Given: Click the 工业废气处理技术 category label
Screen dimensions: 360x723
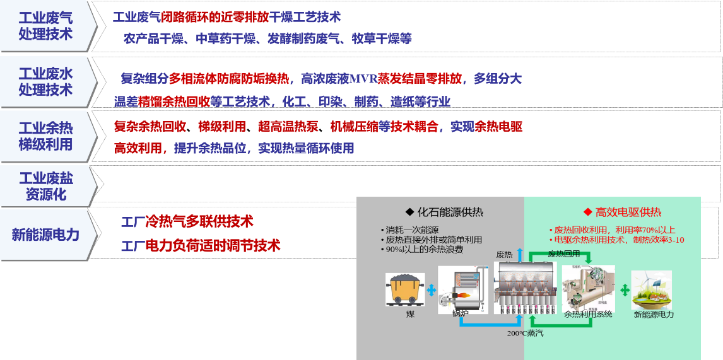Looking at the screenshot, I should [x=45, y=26].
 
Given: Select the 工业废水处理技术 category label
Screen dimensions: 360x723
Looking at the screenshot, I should [x=45, y=82].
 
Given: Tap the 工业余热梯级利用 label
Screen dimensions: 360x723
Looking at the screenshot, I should [x=45, y=136].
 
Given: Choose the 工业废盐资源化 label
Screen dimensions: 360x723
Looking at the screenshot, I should [x=45, y=186].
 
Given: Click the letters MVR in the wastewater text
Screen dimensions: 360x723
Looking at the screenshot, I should [x=363, y=79].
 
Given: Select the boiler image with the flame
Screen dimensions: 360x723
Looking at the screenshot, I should [x=461, y=289].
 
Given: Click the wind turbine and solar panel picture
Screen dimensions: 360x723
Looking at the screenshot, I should [x=651, y=289].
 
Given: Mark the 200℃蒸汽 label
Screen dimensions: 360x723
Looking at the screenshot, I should [x=525, y=333].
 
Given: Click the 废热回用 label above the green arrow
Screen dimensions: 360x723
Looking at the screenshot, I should [x=563, y=253].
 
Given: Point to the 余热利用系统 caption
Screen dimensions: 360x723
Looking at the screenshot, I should [x=588, y=313].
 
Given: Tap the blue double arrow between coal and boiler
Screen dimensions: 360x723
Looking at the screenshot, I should [x=432, y=290].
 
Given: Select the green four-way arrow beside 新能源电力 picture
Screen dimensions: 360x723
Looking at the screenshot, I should [x=625, y=290].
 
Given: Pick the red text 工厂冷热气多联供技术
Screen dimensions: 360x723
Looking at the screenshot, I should [x=187, y=222].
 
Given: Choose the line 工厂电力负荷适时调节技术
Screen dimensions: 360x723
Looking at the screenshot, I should [x=200, y=246].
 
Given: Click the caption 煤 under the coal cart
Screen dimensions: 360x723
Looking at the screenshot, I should [x=411, y=313].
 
